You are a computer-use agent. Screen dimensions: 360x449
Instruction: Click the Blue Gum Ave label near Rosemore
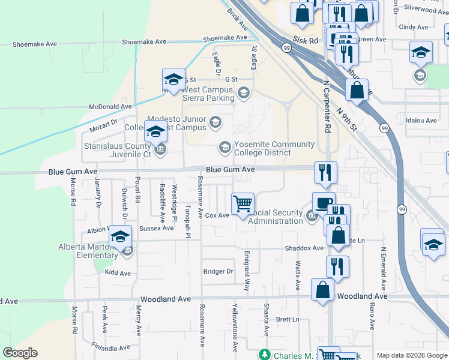[x=231, y=170]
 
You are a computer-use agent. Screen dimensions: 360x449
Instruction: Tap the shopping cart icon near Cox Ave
[x=243, y=203]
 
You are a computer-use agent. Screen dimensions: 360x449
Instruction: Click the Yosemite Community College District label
[x=274, y=148]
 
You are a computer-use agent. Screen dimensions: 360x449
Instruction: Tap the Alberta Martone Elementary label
[x=88, y=251]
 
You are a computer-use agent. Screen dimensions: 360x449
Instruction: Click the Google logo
[x=20, y=353]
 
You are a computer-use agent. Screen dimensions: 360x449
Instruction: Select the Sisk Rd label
[x=305, y=40]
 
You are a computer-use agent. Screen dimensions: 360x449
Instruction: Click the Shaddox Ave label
[x=304, y=248]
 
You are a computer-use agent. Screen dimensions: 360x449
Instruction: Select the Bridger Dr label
[x=218, y=271]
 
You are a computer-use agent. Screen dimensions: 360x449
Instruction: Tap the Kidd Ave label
[x=118, y=273]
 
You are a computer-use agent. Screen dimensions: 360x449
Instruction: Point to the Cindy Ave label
[x=414, y=27]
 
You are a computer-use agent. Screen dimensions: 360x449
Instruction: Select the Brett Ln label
[x=288, y=319]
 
